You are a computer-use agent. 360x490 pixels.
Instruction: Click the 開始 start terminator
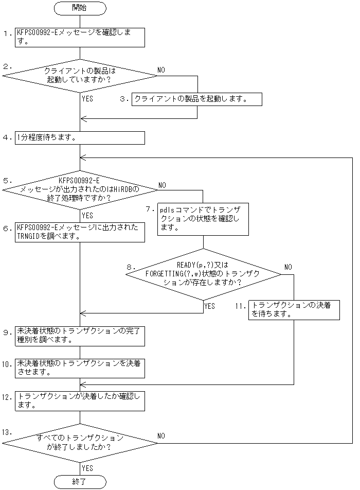click(x=80, y=8)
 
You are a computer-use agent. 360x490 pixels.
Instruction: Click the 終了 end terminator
click(x=80, y=482)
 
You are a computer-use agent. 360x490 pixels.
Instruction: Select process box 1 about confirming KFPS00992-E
click(x=80, y=37)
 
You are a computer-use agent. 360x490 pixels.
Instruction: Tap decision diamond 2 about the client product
click(x=80, y=76)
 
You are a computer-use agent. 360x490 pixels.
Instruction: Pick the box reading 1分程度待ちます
click(x=80, y=137)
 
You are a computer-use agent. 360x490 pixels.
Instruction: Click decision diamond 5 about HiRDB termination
click(x=80, y=189)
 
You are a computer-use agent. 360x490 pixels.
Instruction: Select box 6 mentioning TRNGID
click(x=80, y=232)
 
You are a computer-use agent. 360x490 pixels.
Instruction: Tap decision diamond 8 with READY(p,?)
click(x=203, y=274)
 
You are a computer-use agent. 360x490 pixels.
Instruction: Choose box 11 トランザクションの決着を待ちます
click(x=294, y=310)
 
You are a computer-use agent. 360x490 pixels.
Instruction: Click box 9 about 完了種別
click(x=80, y=336)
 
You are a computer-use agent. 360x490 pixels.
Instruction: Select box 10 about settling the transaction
click(x=80, y=367)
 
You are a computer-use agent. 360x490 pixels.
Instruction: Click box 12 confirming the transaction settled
click(x=80, y=400)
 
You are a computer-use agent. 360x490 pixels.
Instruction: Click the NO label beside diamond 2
click(x=161, y=69)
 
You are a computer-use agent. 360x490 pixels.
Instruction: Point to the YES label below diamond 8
click(x=210, y=306)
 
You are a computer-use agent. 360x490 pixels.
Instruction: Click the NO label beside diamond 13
click(x=161, y=436)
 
